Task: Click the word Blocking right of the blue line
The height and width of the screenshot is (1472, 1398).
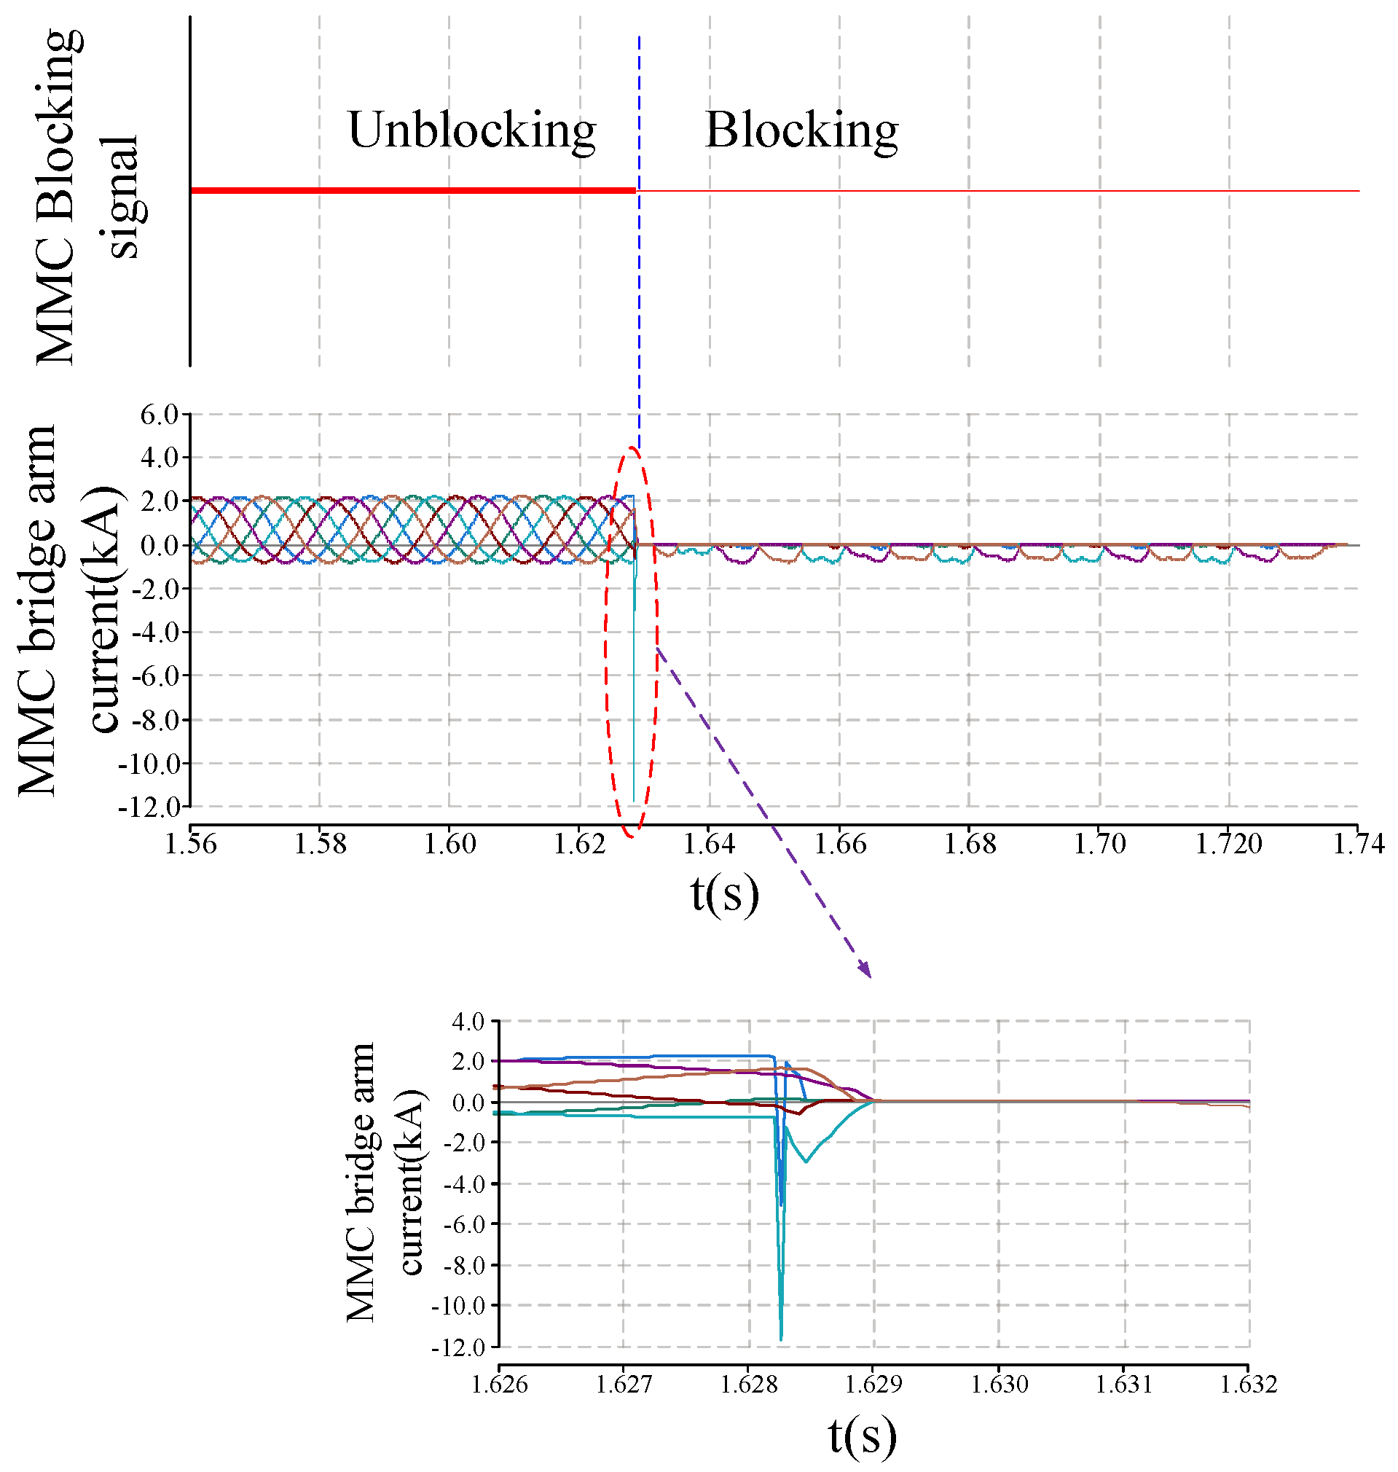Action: tap(801, 130)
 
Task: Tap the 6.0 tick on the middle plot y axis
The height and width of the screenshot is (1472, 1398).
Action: tap(160, 415)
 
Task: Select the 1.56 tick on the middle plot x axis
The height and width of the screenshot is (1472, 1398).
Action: tap(191, 845)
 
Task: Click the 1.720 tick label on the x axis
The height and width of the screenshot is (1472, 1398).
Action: tap(1229, 845)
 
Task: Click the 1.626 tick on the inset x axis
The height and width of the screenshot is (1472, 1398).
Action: tap(499, 1385)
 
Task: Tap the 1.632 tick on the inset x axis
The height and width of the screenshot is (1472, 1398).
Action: tap(1249, 1385)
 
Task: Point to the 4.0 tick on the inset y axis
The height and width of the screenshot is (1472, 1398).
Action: tap(468, 1022)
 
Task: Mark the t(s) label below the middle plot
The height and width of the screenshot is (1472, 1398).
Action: tap(724, 893)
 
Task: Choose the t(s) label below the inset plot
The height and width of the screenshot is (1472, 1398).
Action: tap(863, 1436)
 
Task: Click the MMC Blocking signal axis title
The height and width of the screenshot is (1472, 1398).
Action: tap(86, 197)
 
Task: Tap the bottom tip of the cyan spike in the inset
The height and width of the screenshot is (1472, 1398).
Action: tap(781, 1339)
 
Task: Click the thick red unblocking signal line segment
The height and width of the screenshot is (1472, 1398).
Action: tap(414, 191)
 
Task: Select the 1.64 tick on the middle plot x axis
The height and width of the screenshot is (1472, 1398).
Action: tap(710, 845)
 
